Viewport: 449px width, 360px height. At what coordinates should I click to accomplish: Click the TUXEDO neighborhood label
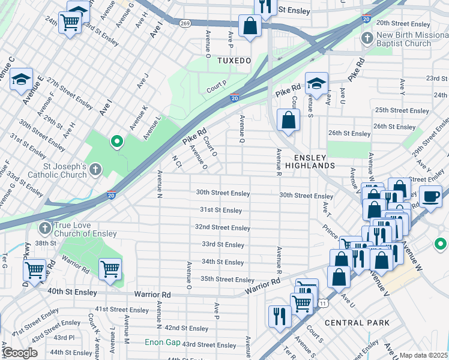tap(234, 61)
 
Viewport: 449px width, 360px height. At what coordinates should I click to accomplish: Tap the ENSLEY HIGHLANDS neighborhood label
tap(310, 161)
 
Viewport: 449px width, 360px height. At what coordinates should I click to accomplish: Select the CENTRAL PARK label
tap(357, 323)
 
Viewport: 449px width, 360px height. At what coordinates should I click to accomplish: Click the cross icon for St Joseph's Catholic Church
tap(94, 171)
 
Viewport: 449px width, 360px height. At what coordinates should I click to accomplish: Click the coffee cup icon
tap(430, 196)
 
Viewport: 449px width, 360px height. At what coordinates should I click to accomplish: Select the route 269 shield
tap(185, 23)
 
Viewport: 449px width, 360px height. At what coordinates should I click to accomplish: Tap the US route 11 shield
tap(323, 304)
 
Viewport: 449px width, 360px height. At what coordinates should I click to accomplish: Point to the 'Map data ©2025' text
tap(423, 355)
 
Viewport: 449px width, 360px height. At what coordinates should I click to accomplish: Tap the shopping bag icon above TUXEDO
tap(250, 26)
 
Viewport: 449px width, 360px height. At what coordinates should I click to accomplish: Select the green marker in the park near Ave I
tap(117, 142)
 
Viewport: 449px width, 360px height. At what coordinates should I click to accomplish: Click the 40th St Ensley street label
tap(71, 292)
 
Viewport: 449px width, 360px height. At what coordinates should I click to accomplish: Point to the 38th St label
tap(45, 243)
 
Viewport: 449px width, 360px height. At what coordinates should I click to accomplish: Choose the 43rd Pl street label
tap(62, 337)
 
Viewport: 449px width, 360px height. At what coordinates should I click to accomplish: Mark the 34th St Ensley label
tap(223, 262)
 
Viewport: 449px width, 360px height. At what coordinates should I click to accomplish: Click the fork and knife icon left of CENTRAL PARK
tap(280, 316)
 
